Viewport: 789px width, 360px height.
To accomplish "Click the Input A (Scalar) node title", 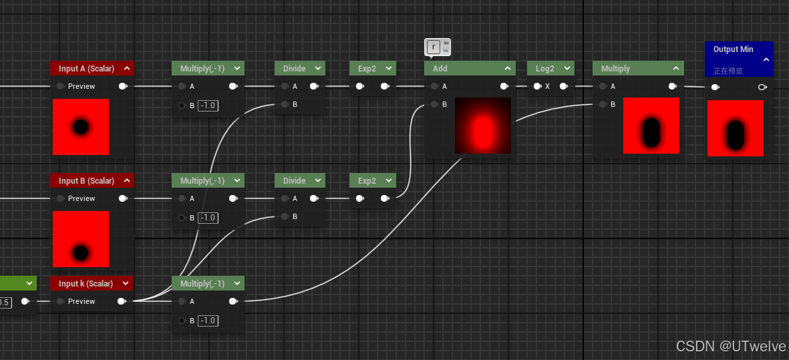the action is pos(87,68).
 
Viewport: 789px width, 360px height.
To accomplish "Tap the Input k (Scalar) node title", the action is pos(86,284).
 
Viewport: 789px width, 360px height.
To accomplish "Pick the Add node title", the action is pos(440,68).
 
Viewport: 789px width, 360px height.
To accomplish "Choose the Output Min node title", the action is pos(733,49).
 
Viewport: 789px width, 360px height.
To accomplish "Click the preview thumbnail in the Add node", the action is pos(483,125).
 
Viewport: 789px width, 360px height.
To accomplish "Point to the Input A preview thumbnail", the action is pos(81,127).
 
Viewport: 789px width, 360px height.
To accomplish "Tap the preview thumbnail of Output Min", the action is pos(735,128).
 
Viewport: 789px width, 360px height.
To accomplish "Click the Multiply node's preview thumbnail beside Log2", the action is pos(651,125).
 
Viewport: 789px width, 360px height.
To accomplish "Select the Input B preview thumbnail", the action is pos(81,239).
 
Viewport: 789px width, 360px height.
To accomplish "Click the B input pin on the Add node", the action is pos(434,105).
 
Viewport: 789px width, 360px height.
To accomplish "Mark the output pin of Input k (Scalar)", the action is pos(122,301).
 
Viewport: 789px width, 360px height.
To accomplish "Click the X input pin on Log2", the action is pos(537,86).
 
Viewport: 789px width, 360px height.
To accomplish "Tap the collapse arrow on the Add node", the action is pos(507,68).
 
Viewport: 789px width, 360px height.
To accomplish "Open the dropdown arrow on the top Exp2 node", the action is pos(388,68).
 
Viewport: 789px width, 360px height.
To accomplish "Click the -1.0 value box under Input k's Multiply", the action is pos(208,321).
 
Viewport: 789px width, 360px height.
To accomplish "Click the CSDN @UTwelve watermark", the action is pos(731,346).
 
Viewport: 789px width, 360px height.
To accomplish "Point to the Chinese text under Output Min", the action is pos(728,71).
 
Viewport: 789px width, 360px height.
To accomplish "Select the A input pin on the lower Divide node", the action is pos(285,198).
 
